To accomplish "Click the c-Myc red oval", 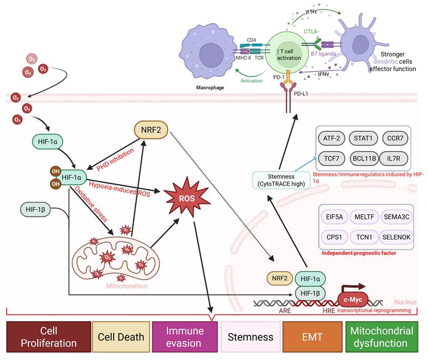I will click(x=355, y=301).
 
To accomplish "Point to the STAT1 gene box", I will click(x=363, y=138).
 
